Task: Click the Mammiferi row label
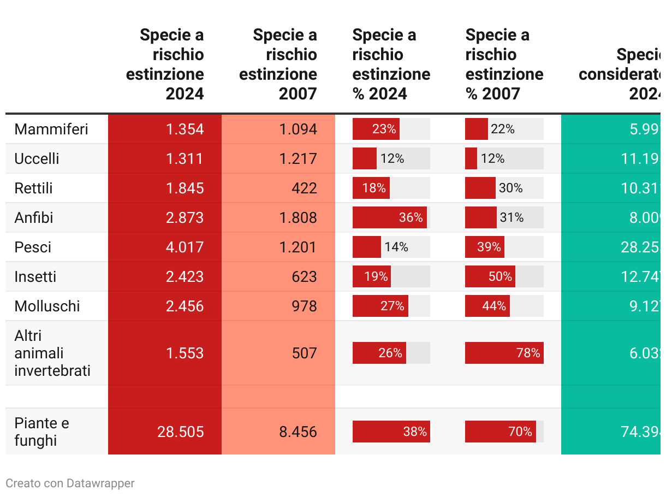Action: [x=51, y=129]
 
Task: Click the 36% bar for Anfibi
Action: [x=389, y=217]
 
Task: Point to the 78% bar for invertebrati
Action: [x=503, y=353]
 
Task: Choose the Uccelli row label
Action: [x=37, y=159]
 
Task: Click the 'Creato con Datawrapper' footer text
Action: [x=70, y=483]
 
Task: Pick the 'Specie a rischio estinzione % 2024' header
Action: [x=391, y=64]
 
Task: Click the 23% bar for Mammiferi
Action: [x=376, y=129]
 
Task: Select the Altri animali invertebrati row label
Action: [x=52, y=353]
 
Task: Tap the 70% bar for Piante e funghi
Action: [x=500, y=432]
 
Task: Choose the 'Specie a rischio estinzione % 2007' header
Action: [x=504, y=64]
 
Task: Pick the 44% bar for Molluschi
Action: [x=487, y=306]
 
